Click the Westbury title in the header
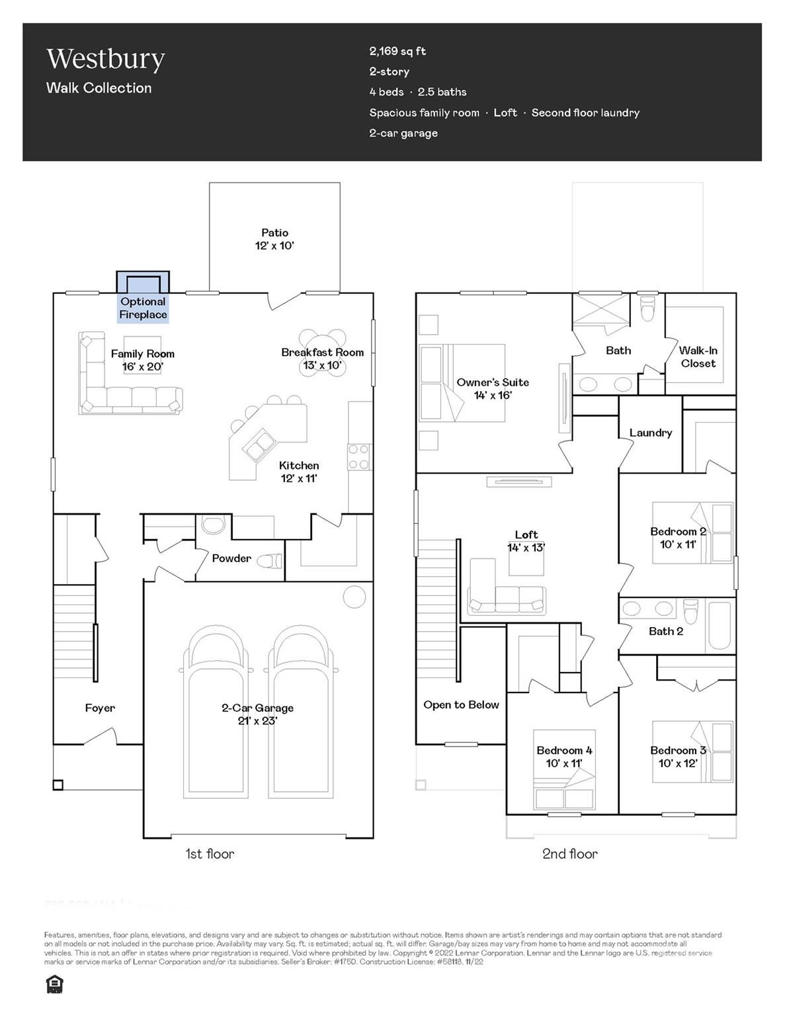point(105,60)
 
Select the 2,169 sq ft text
point(397,51)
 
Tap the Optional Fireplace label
point(143,308)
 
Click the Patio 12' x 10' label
point(274,239)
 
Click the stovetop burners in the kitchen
point(360,456)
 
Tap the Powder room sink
point(213,525)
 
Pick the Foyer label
point(100,708)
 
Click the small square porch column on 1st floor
point(58,785)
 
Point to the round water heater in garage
point(354,597)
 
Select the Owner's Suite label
point(493,388)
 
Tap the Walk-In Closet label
point(698,357)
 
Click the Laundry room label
point(650,433)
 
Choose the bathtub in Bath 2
point(721,624)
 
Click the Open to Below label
point(461,704)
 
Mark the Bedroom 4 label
point(564,756)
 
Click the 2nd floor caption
point(569,854)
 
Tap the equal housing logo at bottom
point(54,984)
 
